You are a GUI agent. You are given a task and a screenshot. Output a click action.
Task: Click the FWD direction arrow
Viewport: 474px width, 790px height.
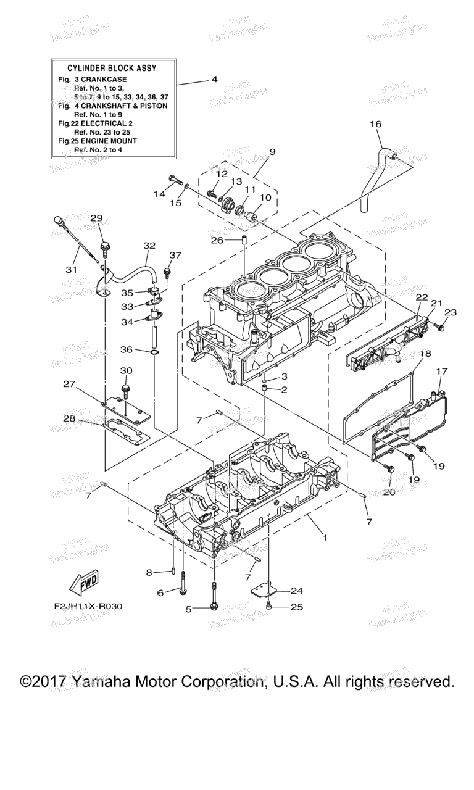(83, 583)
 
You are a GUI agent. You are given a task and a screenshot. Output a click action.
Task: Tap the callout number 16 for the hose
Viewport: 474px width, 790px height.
(375, 125)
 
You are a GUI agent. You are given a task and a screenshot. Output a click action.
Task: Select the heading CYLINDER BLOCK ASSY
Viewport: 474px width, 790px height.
(109, 68)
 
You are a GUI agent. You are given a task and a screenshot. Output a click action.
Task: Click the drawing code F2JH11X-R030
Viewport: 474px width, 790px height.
(88, 606)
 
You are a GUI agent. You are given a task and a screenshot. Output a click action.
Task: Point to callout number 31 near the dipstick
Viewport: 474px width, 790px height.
(72, 269)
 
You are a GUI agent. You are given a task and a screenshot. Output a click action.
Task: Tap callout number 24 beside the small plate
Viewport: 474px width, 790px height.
(296, 590)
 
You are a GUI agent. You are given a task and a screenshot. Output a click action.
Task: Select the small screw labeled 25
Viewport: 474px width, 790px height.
(269, 608)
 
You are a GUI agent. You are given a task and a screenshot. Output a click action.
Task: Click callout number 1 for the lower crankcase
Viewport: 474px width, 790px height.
(325, 538)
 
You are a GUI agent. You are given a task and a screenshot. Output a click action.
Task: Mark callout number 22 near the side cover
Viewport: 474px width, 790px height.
(421, 297)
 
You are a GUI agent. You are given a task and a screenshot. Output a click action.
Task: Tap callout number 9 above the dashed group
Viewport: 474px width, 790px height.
(273, 152)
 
